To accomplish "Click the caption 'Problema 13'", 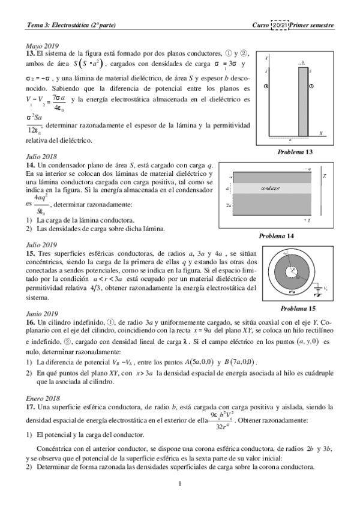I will point(295,152).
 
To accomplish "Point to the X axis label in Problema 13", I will point(321,133).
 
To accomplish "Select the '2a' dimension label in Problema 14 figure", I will point(229,205).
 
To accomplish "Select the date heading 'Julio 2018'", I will point(41,157).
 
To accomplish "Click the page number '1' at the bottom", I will point(179,483).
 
